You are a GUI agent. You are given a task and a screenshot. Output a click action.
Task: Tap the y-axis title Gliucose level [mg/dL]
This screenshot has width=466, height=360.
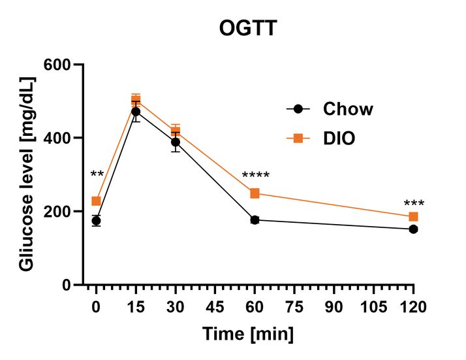coord(27,174)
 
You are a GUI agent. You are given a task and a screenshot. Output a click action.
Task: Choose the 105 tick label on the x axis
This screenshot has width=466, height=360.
coord(373,307)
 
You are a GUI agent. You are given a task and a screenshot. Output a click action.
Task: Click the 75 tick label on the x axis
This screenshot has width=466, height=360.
coord(294,307)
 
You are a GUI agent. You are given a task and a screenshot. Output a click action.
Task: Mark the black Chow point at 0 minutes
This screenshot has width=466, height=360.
coord(96,221)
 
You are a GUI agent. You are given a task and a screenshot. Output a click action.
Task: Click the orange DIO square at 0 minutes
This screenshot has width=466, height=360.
coord(96,201)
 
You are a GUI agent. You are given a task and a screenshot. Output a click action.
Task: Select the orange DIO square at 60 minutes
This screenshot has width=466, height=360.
coord(255,193)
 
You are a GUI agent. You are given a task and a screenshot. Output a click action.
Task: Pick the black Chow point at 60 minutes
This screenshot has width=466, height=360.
coord(255,220)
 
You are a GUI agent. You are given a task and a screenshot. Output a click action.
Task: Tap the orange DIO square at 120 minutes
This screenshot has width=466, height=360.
coord(413,217)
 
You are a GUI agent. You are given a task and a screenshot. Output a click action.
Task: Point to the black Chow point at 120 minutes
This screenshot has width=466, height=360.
coord(413,229)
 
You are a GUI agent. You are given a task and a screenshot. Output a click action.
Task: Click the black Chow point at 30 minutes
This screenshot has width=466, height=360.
coord(176,142)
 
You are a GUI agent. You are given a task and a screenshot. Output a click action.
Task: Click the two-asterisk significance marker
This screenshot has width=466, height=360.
coord(97,175)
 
